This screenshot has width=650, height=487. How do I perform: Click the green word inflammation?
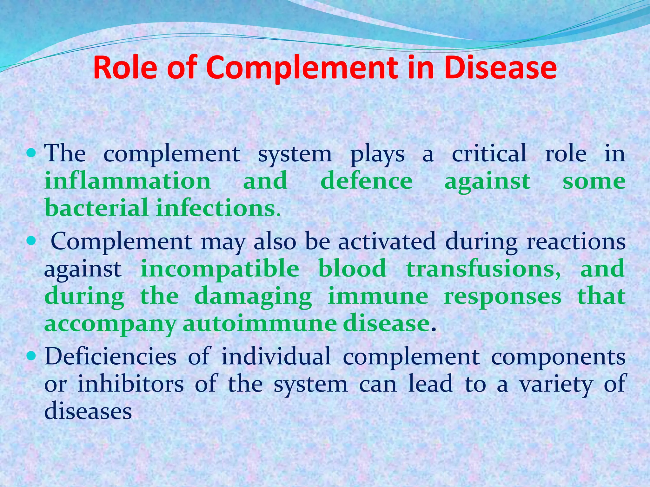pyautogui.click(x=128, y=181)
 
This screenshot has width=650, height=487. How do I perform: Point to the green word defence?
pyautogui.click(x=367, y=181)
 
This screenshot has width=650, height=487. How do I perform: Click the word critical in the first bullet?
pyautogui.click(x=489, y=154)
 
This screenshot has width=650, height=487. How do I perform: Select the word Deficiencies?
pyautogui.click(x=110, y=356)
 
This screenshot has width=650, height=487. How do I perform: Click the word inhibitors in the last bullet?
pyautogui.click(x=130, y=384)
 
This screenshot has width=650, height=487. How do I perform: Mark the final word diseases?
pyautogui.click(x=88, y=411)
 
